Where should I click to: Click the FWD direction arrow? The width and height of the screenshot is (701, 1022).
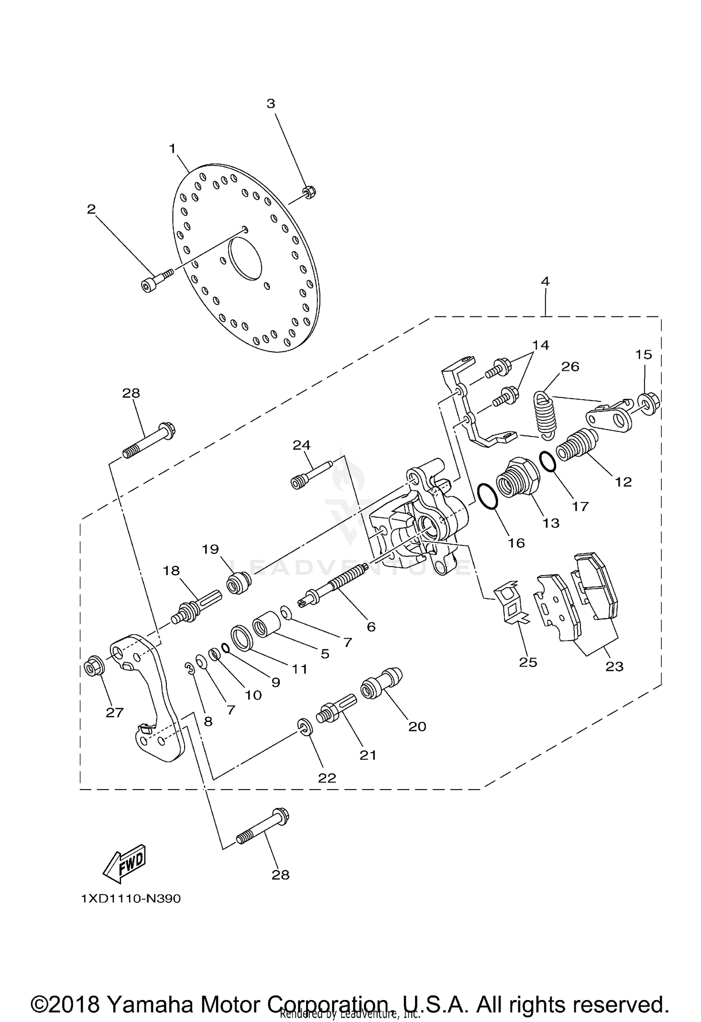(124, 864)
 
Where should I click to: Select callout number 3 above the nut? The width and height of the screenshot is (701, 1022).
(271, 104)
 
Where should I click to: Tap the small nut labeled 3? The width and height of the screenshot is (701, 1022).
(308, 192)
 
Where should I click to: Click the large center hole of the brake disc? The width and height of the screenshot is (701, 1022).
(245, 259)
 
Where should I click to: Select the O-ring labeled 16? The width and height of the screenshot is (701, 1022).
(488, 496)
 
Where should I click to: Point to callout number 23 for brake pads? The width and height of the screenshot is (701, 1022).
(614, 666)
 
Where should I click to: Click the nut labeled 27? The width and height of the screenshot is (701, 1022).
(93, 669)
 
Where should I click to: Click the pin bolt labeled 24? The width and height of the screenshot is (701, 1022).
(310, 476)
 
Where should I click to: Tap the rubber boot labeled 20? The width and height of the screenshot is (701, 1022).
(380, 685)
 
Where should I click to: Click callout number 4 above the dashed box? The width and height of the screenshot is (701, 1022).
(545, 281)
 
